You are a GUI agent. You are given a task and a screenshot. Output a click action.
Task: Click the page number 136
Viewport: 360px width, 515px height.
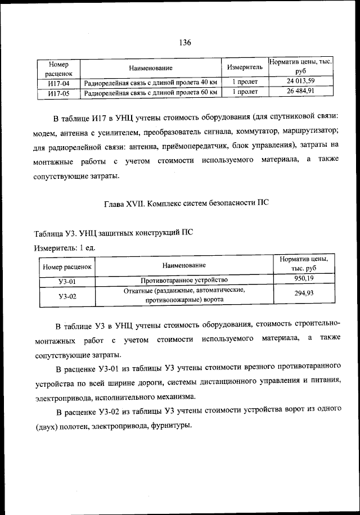[x=186, y=43]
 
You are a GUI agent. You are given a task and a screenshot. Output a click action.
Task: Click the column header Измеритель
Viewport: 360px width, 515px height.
[x=245, y=67]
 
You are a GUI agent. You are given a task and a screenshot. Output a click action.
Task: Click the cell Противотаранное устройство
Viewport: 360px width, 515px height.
[x=184, y=279]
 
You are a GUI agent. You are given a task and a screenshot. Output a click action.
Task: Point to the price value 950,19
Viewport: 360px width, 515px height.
[x=304, y=279]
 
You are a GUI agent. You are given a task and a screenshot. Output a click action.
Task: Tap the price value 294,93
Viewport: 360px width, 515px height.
[x=304, y=294]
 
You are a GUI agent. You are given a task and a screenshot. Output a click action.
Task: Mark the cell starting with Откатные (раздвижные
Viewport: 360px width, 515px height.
[x=184, y=295]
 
